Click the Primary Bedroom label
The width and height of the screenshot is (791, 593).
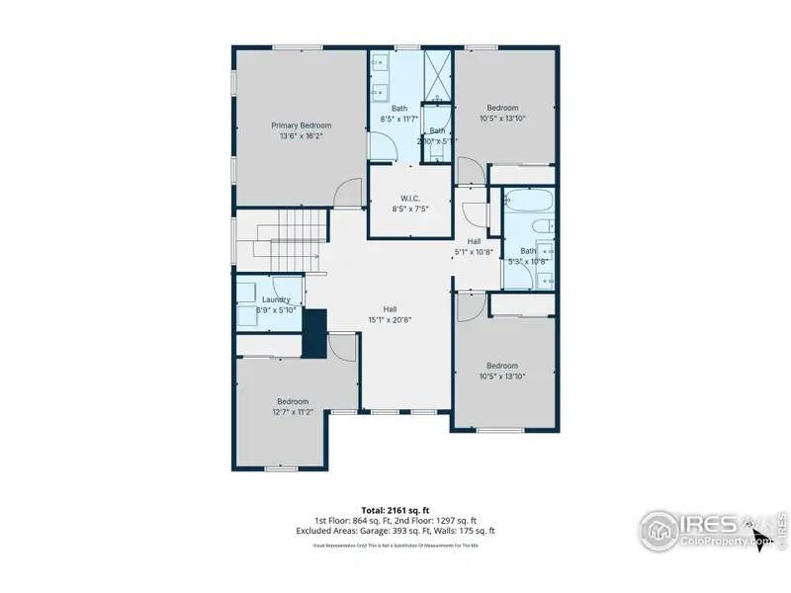click(x=302, y=126)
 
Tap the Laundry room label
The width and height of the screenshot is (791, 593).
click(x=276, y=298)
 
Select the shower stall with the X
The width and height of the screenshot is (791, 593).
click(x=438, y=74)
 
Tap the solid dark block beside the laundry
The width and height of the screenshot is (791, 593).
click(x=314, y=333)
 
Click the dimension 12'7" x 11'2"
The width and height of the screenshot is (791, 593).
click(x=292, y=412)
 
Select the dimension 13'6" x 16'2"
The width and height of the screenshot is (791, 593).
click(x=302, y=136)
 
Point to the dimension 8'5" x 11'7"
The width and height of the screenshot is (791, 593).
click(x=399, y=119)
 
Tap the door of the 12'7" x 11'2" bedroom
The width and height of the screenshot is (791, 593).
click(x=342, y=347)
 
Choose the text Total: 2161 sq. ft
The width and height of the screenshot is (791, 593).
click(x=395, y=511)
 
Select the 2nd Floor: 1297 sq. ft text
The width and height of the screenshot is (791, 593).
click(x=437, y=521)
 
